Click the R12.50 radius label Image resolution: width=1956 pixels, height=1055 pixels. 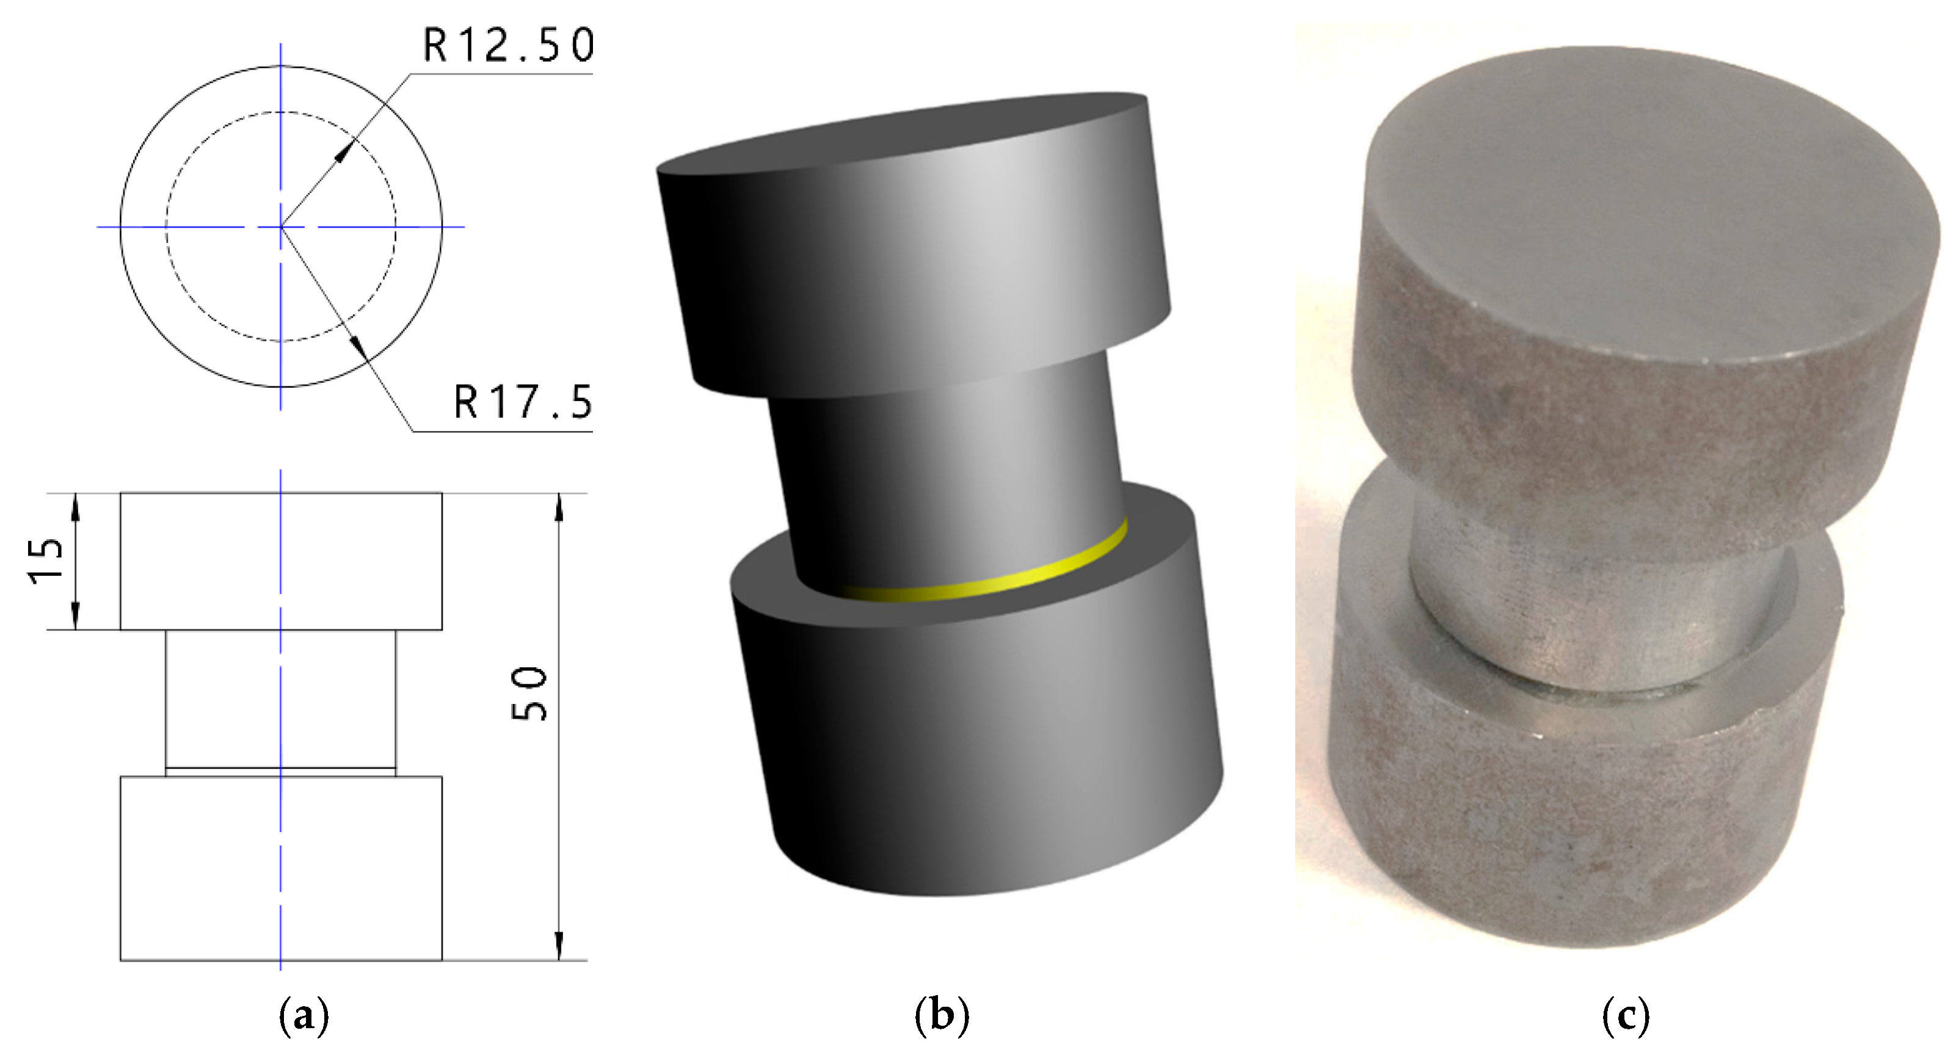tap(507, 46)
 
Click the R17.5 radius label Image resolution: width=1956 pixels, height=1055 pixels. tap(522, 402)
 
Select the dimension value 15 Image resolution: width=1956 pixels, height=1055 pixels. tap(47, 561)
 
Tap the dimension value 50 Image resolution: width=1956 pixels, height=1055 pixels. tap(530, 694)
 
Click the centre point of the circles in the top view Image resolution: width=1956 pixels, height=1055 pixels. tap(281, 226)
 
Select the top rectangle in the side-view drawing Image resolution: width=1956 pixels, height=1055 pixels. tap(281, 561)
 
